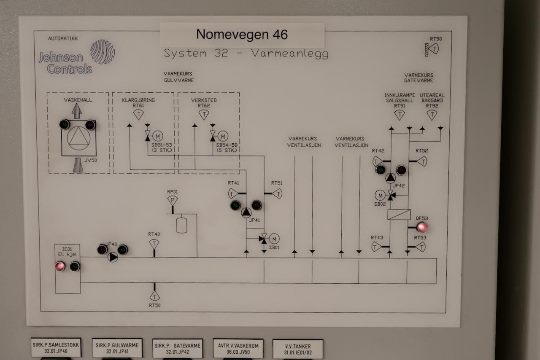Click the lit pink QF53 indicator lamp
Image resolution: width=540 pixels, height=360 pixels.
[422, 227]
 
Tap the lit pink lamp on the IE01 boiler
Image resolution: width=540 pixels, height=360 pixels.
[60, 266]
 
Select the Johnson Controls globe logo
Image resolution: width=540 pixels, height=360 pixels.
[103, 51]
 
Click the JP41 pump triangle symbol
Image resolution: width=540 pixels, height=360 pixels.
[246, 212]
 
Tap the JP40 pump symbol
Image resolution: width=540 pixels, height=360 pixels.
[113, 257]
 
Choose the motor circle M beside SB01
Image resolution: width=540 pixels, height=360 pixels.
[274, 239]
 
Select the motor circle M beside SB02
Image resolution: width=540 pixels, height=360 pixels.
[380, 196]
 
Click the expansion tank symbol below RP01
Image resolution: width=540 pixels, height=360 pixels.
[181, 225]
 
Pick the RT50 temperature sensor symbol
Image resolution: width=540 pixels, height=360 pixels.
[154, 296]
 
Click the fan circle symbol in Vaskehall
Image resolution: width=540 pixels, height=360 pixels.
[78, 139]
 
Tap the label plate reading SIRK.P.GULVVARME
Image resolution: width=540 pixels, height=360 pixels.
[117, 348]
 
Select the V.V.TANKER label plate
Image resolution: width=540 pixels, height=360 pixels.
[298, 349]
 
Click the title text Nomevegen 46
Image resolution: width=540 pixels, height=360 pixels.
[242, 34]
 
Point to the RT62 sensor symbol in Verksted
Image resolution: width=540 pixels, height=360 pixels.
[204, 115]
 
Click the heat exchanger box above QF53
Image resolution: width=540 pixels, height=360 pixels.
[399, 215]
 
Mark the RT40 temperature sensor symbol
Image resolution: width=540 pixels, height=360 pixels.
[154, 244]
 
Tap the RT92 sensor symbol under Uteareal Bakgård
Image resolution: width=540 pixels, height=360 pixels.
[432, 115]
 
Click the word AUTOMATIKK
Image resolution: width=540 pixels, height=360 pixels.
[63, 38]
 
